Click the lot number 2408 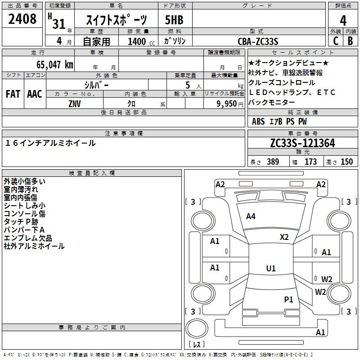pyautogui.click(x=23, y=19)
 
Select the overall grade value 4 pyautogui.click(x=343, y=20)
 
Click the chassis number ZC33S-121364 pyautogui.click(x=302, y=143)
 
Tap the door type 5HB pyautogui.click(x=174, y=20)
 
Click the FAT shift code pyautogui.click(x=13, y=94)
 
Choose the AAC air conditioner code pyautogui.click(x=35, y=94)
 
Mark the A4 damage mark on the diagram pyautogui.click(x=251, y=216)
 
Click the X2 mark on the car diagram pyautogui.click(x=284, y=237)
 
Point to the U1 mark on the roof pyautogui.click(x=270, y=269)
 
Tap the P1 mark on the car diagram pyautogui.click(x=288, y=299)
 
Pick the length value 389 pyautogui.click(x=272, y=162)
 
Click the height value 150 pyautogui.click(x=346, y=162)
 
